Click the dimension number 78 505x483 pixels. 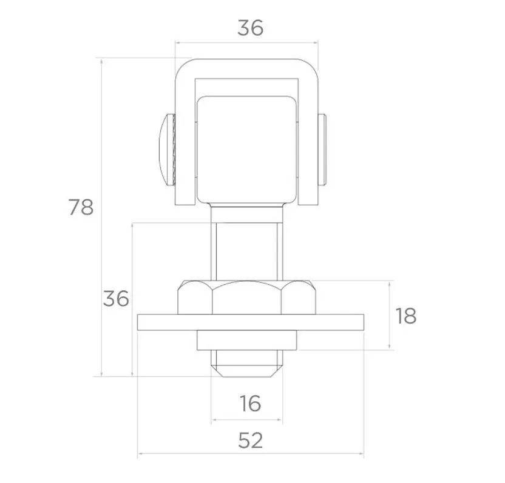tap(81, 207)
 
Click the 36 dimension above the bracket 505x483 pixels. tap(251, 28)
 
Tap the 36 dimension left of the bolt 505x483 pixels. tap(116, 298)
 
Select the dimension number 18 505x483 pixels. tap(406, 316)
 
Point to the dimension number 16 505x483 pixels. tap(250, 403)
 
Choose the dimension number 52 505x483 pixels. tap(251, 440)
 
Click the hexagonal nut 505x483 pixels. tap(246, 298)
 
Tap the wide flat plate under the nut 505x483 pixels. tap(251, 322)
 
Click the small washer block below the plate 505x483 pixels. tap(246, 340)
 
